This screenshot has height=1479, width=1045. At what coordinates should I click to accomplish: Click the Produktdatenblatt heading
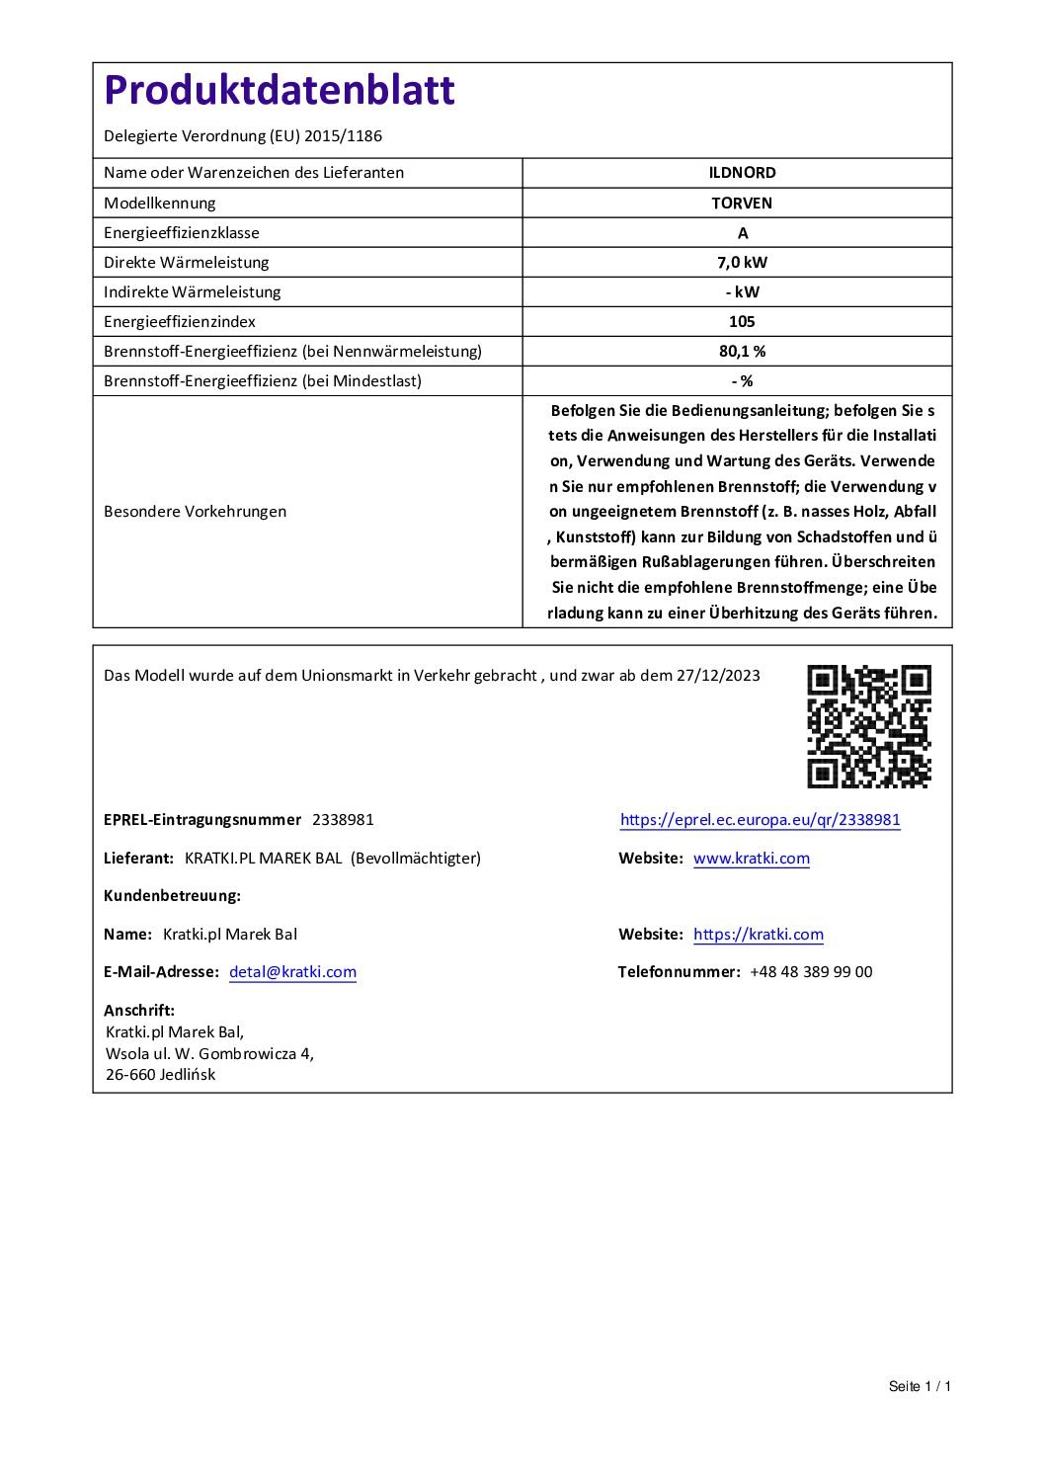click(279, 91)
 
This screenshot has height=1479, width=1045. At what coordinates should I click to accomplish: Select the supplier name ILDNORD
click(742, 173)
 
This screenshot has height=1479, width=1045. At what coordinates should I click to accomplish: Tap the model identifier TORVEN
click(742, 204)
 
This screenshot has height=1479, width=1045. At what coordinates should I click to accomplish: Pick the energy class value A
click(743, 233)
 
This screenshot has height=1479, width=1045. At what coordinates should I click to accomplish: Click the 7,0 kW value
click(742, 263)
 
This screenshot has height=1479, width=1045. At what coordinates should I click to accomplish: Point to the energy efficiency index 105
click(742, 322)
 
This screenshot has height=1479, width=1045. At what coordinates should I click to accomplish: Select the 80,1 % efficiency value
click(742, 352)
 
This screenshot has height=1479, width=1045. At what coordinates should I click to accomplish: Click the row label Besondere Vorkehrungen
click(195, 512)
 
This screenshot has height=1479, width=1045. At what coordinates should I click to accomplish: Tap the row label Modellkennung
click(159, 204)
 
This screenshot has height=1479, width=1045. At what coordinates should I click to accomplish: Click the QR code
click(869, 726)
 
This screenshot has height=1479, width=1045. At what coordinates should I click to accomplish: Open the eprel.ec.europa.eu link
click(760, 820)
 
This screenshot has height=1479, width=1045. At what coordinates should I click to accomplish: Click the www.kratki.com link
click(751, 859)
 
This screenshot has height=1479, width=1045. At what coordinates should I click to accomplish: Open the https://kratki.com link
click(758, 935)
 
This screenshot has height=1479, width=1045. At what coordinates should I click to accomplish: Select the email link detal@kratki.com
click(292, 972)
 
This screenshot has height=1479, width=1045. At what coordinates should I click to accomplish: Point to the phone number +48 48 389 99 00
click(811, 972)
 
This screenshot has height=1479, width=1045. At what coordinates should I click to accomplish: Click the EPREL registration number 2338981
click(343, 820)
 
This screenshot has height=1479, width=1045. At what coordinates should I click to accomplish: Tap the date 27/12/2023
click(718, 676)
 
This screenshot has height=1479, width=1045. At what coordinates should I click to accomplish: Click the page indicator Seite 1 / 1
click(920, 1386)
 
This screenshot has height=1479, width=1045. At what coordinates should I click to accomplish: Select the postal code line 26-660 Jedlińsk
click(160, 1075)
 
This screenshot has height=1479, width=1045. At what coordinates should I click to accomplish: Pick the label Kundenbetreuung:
click(172, 896)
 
